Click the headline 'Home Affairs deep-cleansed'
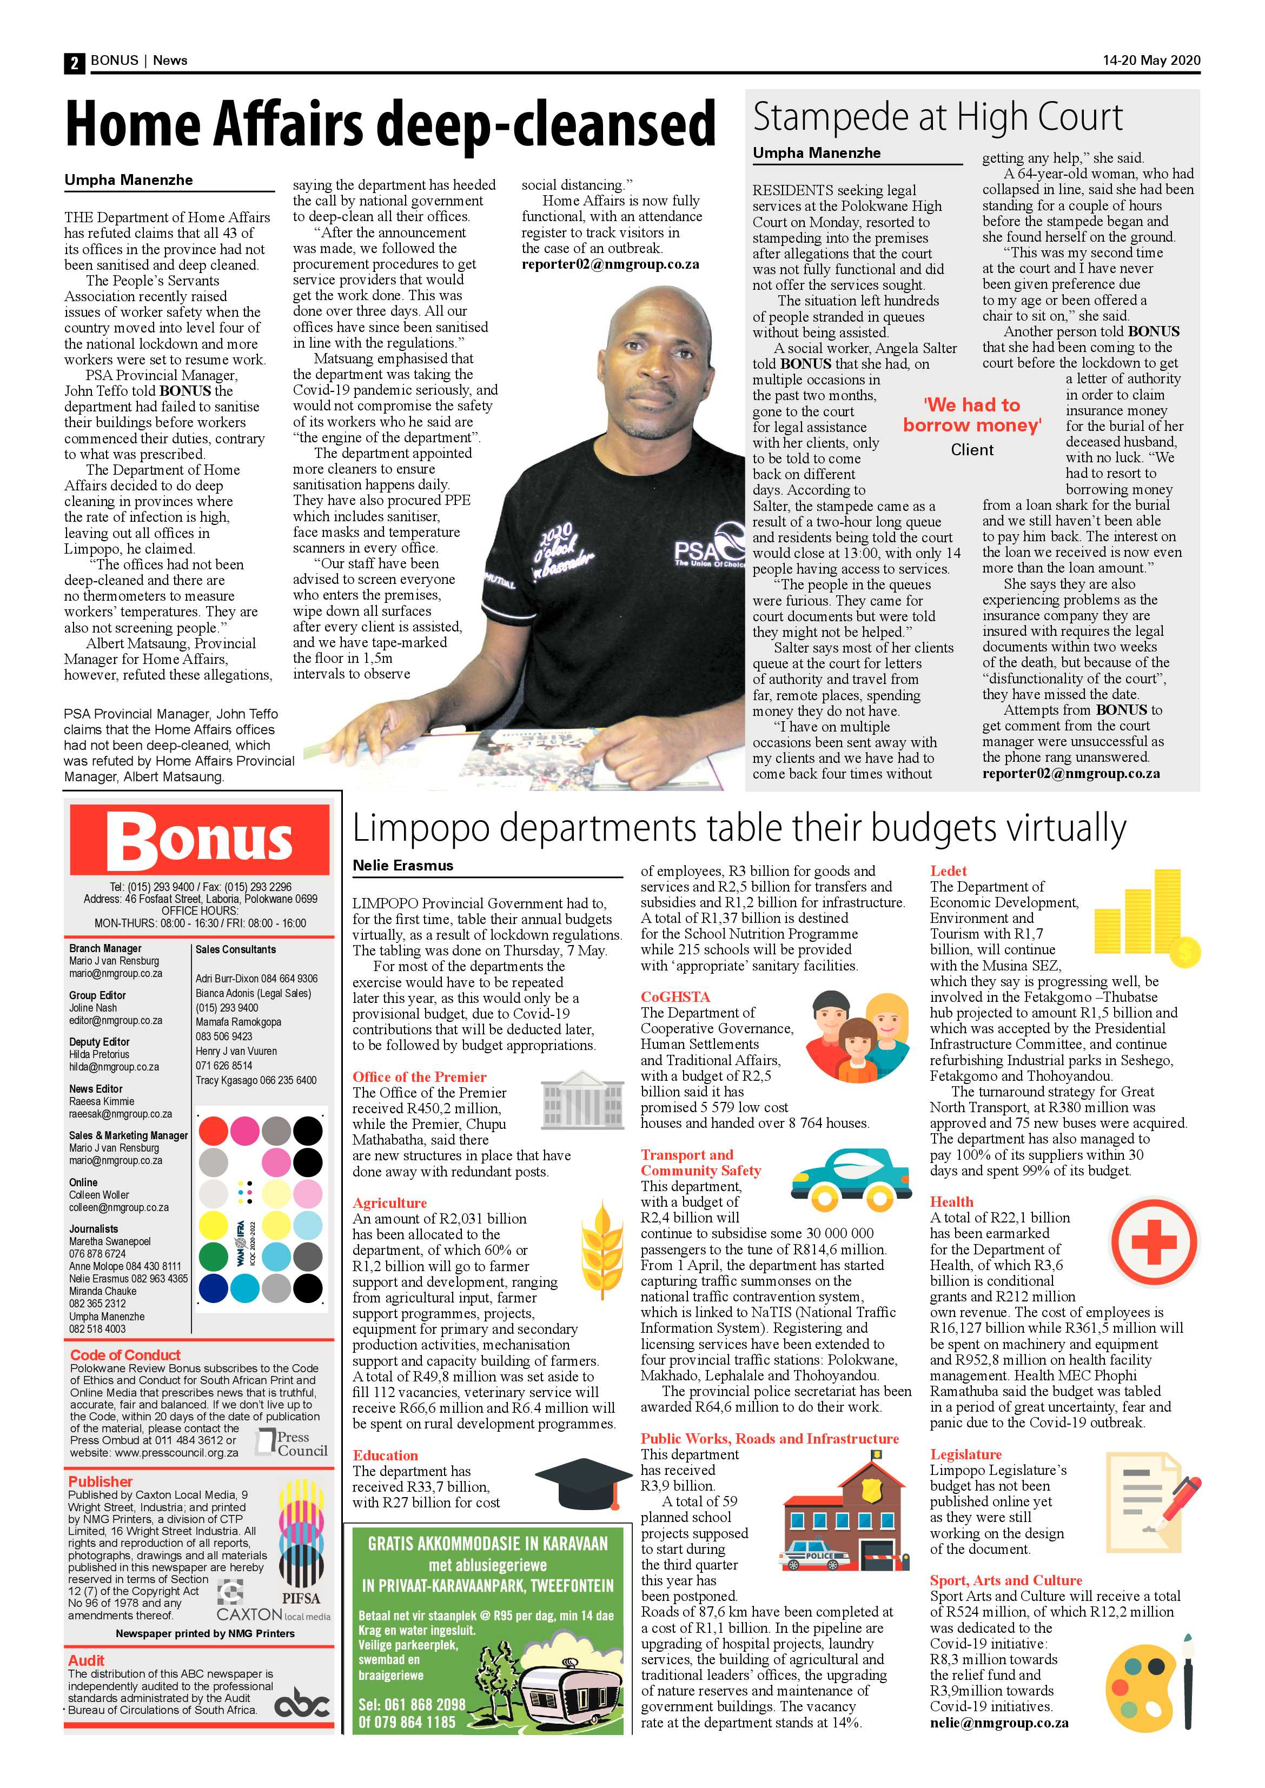coord(389,123)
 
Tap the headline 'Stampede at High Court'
coord(937,117)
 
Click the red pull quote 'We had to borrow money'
coord(971,415)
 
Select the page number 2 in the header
coord(74,62)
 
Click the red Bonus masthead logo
coord(200,840)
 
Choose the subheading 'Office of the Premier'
coord(419,1077)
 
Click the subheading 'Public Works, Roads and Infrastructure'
coord(769,1438)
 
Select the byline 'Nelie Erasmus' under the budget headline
coord(403,865)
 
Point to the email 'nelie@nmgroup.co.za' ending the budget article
coord(998,1723)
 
